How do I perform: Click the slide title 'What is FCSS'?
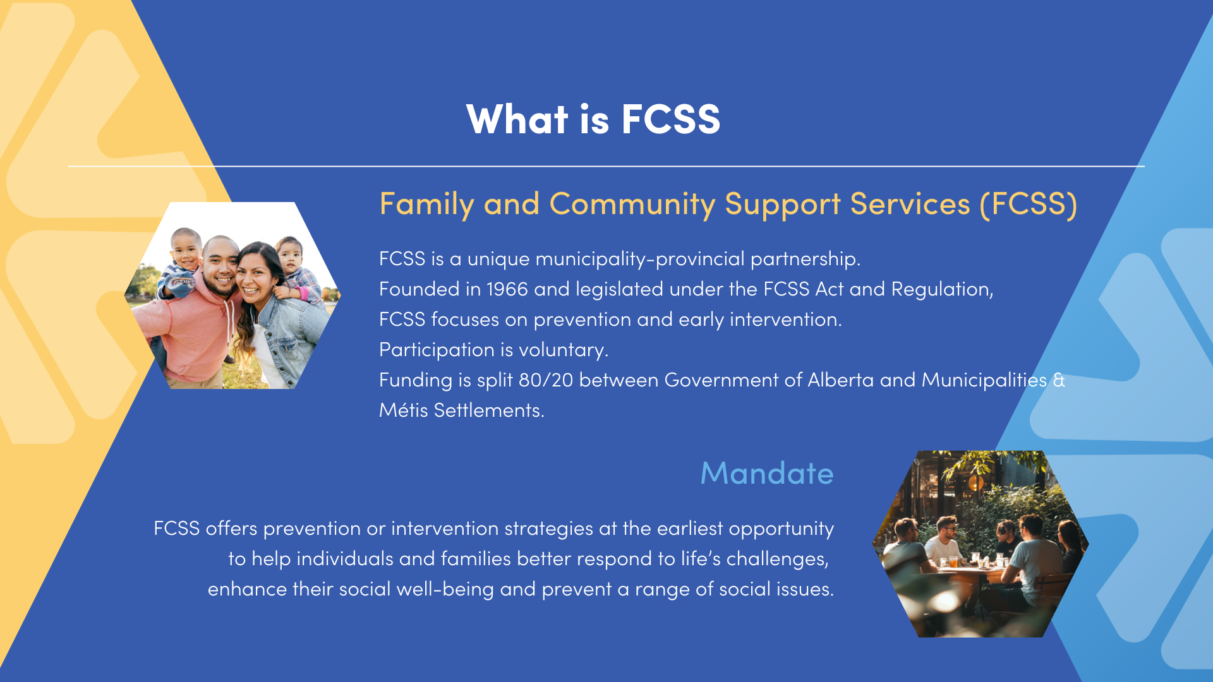pos(593,119)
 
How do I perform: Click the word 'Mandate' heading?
pos(767,473)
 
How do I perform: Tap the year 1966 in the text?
pos(507,289)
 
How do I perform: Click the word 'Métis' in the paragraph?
pos(404,410)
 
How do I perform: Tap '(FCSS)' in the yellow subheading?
pos(1029,204)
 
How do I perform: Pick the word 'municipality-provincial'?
pos(640,260)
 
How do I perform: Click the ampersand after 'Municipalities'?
pos(1059,380)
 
